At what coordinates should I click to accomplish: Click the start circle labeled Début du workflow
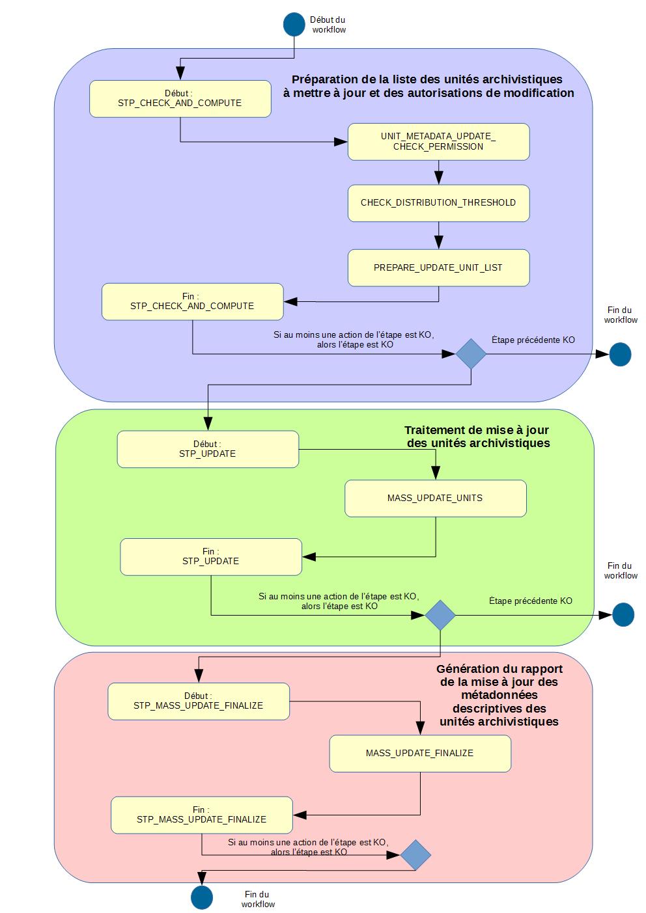click(x=294, y=24)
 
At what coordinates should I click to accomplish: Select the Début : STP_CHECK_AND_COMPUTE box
click(x=180, y=99)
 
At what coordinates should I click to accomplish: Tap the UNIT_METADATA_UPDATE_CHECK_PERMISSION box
click(x=438, y=141)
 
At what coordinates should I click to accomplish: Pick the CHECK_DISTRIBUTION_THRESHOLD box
click(x=438, y=202)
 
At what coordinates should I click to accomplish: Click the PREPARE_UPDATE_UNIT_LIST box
click(x=438, y=267)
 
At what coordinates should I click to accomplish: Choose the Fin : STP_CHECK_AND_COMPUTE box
click(x=192, y=301)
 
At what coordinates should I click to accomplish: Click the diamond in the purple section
click(x=471, y=354)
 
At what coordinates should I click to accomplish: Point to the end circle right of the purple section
click(x=620, y=355)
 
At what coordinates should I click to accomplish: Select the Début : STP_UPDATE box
click(x=208, y=449)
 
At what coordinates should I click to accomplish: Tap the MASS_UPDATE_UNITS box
click(x=435, y=498)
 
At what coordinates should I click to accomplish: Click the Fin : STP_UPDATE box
click(x=211, y=556)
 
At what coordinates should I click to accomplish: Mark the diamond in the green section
click(x=441, y=615)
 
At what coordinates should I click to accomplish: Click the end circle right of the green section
click(x=623, y=615)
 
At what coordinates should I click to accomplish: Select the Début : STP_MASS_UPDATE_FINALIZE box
click(x=199, y=701)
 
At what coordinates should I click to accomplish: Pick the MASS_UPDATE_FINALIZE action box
click(x=420, y=754)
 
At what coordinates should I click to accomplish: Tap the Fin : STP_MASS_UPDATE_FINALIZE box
click(x=202, y=815)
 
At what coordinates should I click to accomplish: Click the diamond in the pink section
click(x=415, y=854)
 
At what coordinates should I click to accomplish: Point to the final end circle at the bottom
click(x=202, y=897)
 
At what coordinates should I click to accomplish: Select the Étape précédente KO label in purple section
click(x=533, y=340)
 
